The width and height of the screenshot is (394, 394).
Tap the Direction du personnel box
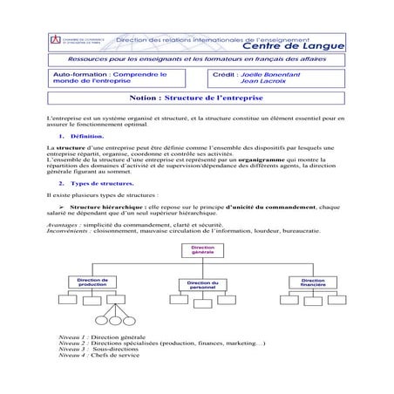[202, 286]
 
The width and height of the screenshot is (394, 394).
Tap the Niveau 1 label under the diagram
[71, 360]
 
